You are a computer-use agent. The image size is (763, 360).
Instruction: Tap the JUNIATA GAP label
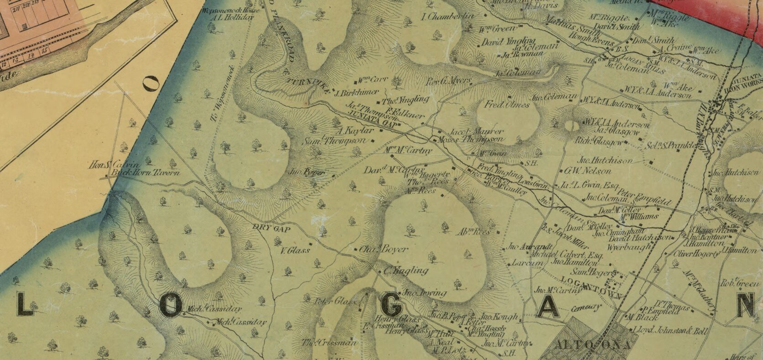[x=372, y=119]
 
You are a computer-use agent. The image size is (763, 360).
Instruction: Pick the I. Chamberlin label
[x=448, y=17]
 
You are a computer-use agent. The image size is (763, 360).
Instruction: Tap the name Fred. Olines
[x=507, y=105]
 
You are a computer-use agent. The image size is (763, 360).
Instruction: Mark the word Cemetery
[x=585, y=307]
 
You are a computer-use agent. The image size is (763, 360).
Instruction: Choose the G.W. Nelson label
[x=587, y=171]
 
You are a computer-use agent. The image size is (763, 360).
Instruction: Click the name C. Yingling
[x=405, y=271]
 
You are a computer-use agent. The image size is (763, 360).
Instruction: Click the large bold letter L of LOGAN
[x=26, y=305]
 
